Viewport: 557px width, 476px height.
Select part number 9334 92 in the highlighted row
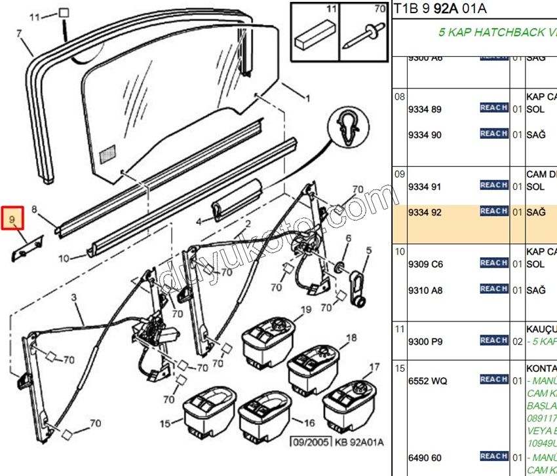click(x=426, y=212)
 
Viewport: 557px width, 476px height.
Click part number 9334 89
click(x=426, y=109)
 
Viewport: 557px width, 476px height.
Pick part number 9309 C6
click(x=426, y=264)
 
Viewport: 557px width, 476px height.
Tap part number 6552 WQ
click(x=428, y=380)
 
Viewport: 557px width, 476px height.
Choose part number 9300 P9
click(x=426, y=341)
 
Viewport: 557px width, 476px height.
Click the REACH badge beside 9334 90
click(x=493, y=134)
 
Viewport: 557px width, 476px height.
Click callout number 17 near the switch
click(x=374, y=367)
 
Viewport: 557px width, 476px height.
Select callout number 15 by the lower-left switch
click(x=166, y=424)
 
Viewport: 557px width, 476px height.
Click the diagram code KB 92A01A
click(x=359, y=442)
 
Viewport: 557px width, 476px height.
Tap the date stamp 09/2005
click(x=312, y=442)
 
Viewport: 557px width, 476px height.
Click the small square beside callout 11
click(x=64, y=12)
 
